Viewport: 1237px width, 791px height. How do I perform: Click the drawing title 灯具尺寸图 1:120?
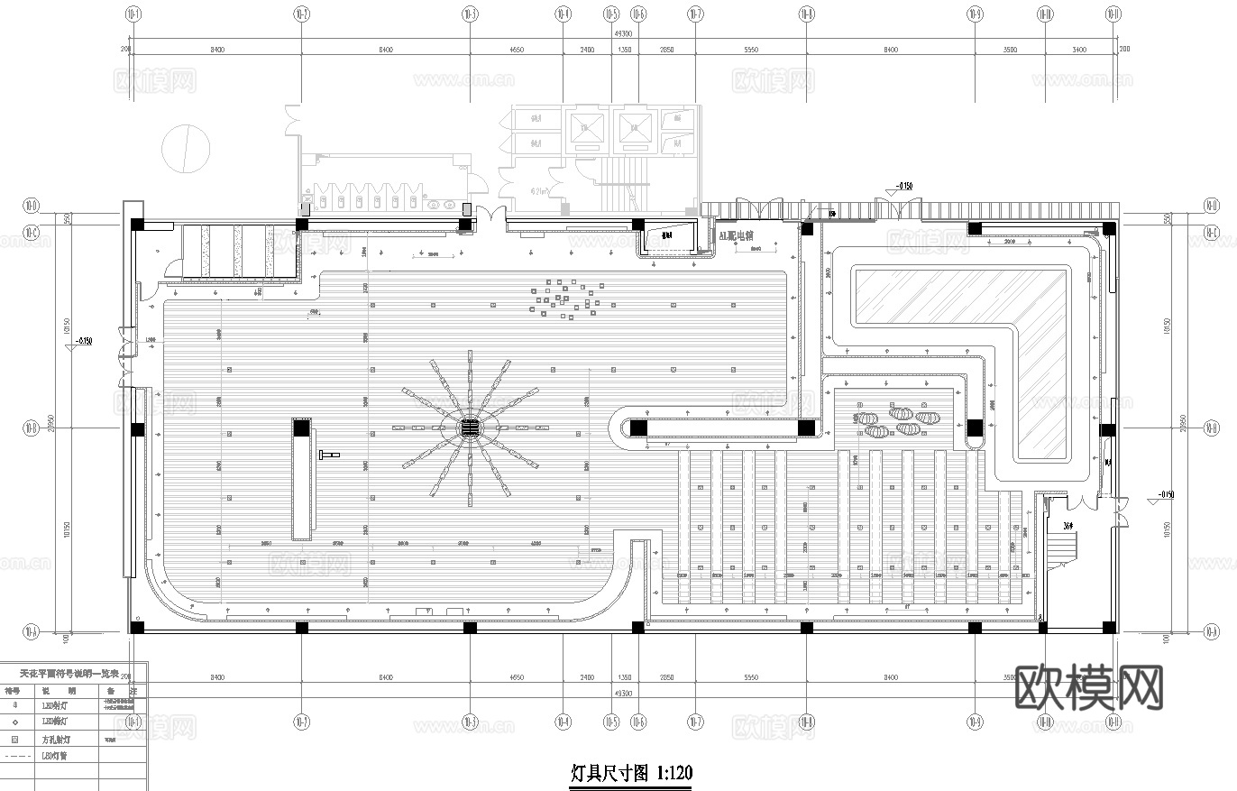point(631,773)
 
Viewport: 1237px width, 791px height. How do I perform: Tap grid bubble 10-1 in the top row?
point(133,14)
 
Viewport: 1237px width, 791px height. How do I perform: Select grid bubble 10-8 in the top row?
point(806,14)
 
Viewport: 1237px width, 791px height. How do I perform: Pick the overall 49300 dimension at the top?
point(622,33)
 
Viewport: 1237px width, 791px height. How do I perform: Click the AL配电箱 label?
point(735,236)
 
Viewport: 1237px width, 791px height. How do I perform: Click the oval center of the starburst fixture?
point(469,427)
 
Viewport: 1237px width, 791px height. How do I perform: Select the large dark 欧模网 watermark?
point(1089,689)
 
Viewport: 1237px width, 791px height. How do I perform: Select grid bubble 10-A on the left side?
point(31,630)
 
